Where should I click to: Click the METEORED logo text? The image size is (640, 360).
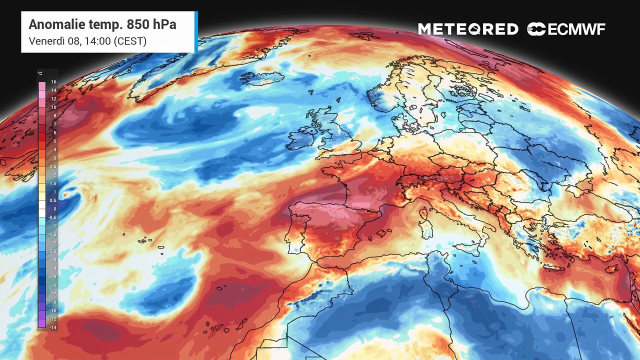(468, 29)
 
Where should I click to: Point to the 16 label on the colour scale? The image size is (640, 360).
(54, 81)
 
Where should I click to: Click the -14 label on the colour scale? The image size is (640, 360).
(53, 327)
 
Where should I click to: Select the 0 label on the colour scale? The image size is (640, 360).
(55, 208)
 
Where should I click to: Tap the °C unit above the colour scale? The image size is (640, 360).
(40, 73)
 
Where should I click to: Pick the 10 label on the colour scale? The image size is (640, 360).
(54, 107)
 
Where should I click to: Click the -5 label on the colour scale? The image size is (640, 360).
(54, 276)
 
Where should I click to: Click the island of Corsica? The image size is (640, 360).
(423, 213)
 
